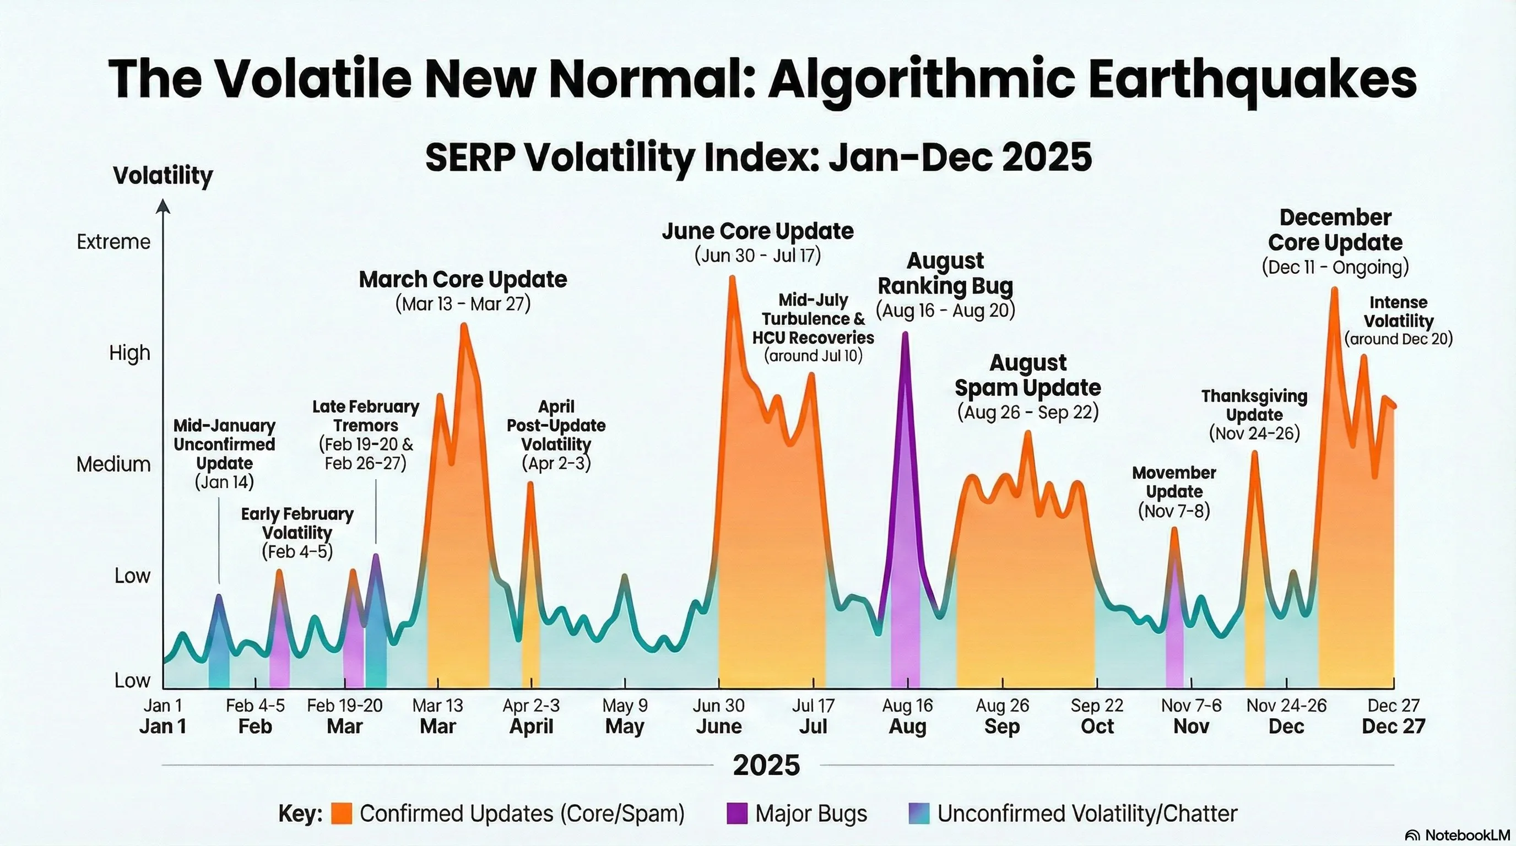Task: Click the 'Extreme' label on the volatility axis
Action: (x=113, y=242)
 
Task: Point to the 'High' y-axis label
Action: (x=129, y=353)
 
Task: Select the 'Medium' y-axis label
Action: (x=113, y=464)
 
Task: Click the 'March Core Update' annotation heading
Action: (x=463, y=279)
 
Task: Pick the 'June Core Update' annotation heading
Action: (x=757, y=231)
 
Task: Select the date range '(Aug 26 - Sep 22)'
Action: (x=1027, y=413)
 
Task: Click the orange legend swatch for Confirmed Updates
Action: (x=342, y=814)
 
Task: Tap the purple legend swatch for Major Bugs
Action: (x=737, y=814)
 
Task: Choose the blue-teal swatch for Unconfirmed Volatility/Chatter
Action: (x=919, y=814)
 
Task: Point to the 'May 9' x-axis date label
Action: (x=624, y=706)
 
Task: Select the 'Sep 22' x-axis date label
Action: (x=1097, y=706)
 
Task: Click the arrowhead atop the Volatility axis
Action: (x=163, y=206)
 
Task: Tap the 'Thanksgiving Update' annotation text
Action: (x=1254, y=405)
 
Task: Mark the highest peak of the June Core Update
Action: (x=733, y=278)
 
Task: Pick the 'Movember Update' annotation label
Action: (x=1174, y=482)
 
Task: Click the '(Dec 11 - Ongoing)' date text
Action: (x=1335, y=267)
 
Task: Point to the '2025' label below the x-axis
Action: (x=766, y=765)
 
